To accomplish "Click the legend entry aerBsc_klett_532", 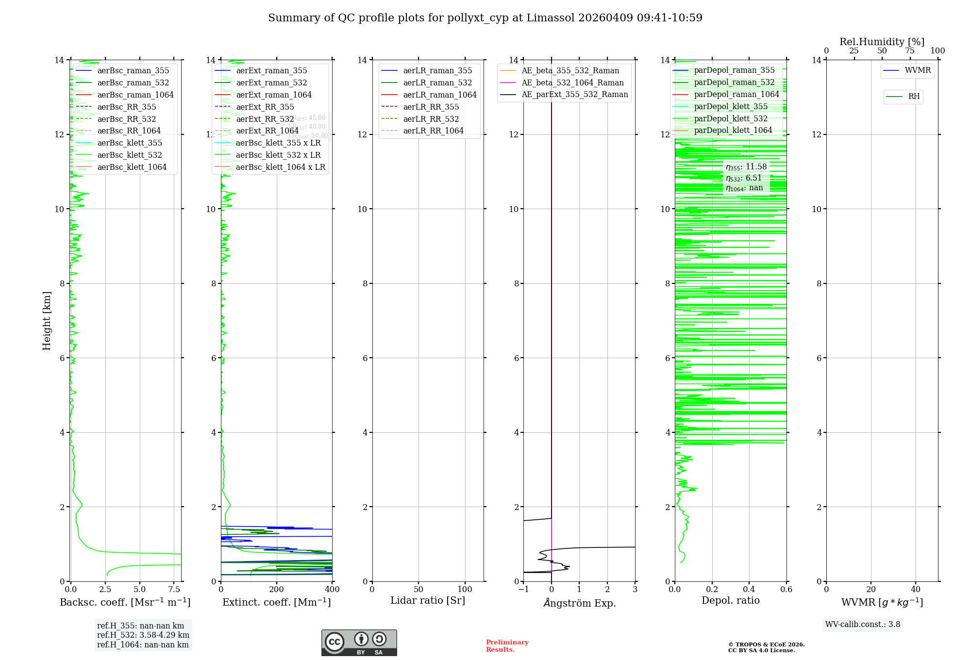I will pyautogui.click(x=130, y=155).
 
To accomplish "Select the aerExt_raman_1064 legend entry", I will pyautogui.click(x=274, y=95).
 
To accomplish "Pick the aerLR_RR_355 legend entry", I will pyautogui.click(x=431, y=107).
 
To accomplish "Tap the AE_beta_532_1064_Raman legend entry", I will pyautogui.click(x=572, y=82).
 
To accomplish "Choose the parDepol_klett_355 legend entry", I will pyautogui.click(x=731, y=106).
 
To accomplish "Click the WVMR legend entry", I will pyautogui.click(x=917, y=70).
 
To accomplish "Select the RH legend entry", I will pyautogui.click(x=914, y=97).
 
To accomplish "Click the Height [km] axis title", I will pyautogui.click(x=47, y=321).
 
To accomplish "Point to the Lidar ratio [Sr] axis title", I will pyautogui.click(x=428, y=600).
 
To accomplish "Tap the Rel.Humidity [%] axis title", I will pyautogui.click(x=882, y=42).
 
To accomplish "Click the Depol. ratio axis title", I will pyautogui.click(x=730, y=600).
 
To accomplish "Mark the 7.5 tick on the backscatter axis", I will pyautogui.click(x=174, y=590).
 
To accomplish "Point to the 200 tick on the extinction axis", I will pyautogui.click(x=276, y=590).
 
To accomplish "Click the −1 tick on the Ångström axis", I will pyautogui.click(x=523, y=590).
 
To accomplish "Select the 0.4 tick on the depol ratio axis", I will pyautogui.click(x=749, y=590).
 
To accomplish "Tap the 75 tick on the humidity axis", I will pyautogui.click(x=909, y=51).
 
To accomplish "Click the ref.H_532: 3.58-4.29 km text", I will pyautogui.click(x=143, y=635).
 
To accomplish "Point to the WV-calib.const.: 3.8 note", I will pyautogui.click(x=863, y=625).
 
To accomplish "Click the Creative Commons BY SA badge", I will pyautogui.click(x=359, y=643).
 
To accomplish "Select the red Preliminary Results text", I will pyautogui.click(x=507, y=646).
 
